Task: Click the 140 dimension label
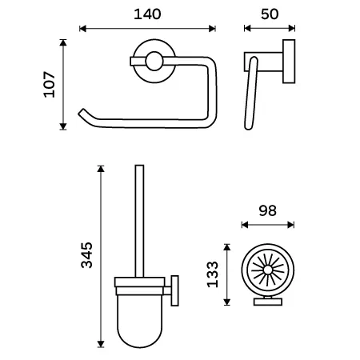click(147, 14)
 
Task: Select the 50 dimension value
click(270, 14)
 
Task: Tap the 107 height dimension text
click(50, 84)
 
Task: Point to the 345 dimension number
click(87, 255)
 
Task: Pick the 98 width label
click(267, 210)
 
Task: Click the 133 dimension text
click(213, 274)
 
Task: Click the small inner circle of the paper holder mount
click(154, 61)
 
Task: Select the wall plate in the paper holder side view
click(289, 62)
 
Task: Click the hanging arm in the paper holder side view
click(251, 94)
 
